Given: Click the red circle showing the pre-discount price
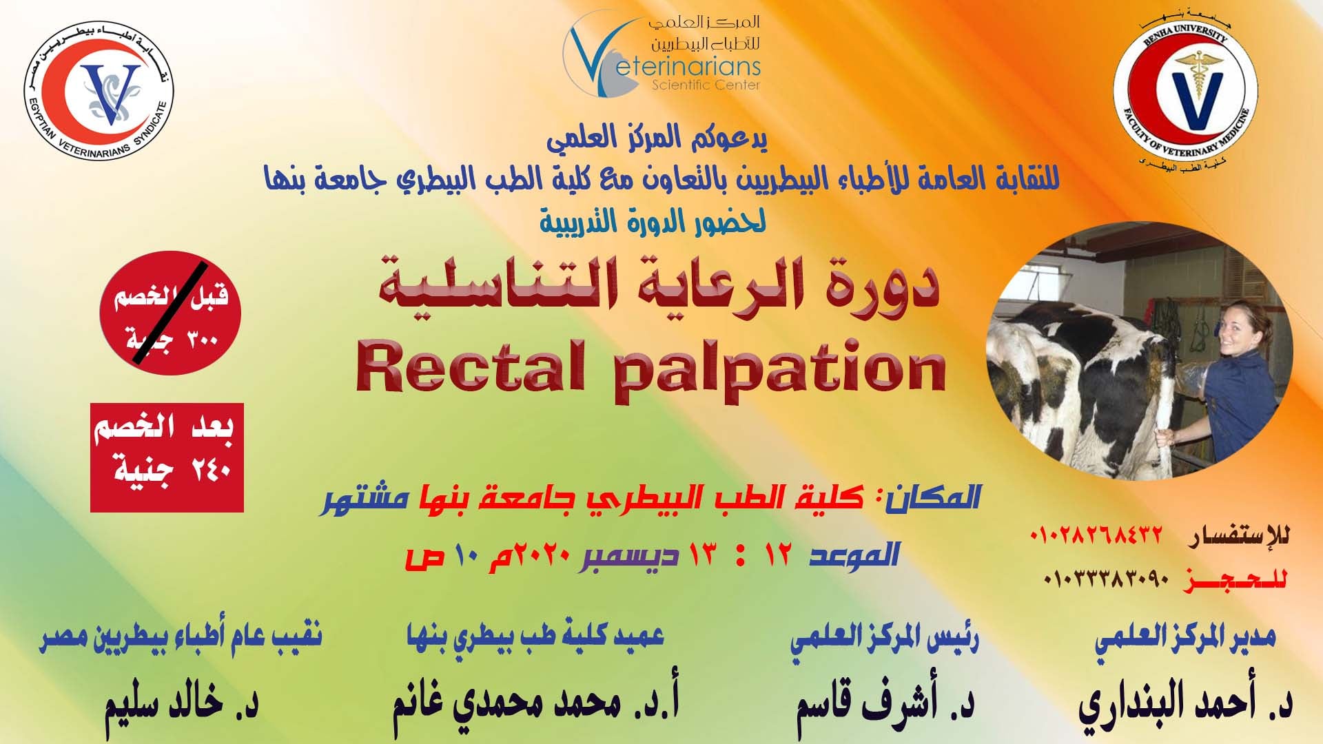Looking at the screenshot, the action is pyautogui.click(x=170, y=313).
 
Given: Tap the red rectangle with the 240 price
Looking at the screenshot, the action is pyautogui.click(x=167, y=457).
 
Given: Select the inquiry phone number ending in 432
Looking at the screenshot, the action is pyautogui.click(x=1096, y=535).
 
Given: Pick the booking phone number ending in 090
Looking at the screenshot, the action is pyautogui.click(x=1107, y=579).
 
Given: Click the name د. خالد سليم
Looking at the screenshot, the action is pyautogui.click(x=181, y=703).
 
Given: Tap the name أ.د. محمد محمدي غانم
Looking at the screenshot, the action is pyautogui.click(x=536, y=704).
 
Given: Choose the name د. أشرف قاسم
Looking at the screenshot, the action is pyautogui.click(x=885, y=704).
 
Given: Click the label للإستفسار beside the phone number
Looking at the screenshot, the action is pyautogui.click(x=1238, y=535).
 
